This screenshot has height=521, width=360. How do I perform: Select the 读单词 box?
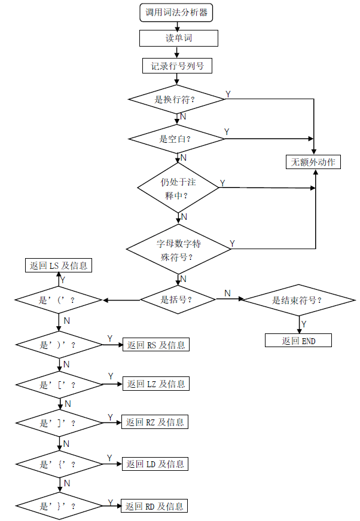(x=178, y=38)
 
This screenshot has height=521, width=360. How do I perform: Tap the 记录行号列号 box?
(x=177, y=65)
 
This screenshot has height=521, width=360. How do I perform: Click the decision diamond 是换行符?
(x=177, y=99)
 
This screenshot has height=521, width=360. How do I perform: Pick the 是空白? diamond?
(x=177, y=139)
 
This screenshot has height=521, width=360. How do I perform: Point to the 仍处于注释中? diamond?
(x=178, y=188)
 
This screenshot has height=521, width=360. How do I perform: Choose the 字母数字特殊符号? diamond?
(x=178, y=249)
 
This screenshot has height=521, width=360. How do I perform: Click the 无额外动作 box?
(x=313, y=162)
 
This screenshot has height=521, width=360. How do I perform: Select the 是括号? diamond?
(x=178, y=299)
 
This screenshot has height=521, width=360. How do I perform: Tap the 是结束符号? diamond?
(x=297, y=300)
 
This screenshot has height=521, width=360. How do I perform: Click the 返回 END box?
(x=298, y=341)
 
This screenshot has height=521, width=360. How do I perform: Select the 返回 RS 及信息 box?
(x=155, y=345)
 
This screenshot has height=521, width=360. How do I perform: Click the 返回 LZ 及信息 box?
(x=155, y=384)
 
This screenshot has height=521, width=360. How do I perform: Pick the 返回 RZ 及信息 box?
(x=155, y=422)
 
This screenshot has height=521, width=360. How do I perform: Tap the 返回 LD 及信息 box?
(x=155, y=464)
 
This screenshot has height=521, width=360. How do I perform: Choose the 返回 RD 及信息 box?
(x=154, y=506)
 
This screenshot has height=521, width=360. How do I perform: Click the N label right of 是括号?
(x=227, y=293)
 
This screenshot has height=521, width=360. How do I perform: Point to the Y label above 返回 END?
(x=304, y=324)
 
